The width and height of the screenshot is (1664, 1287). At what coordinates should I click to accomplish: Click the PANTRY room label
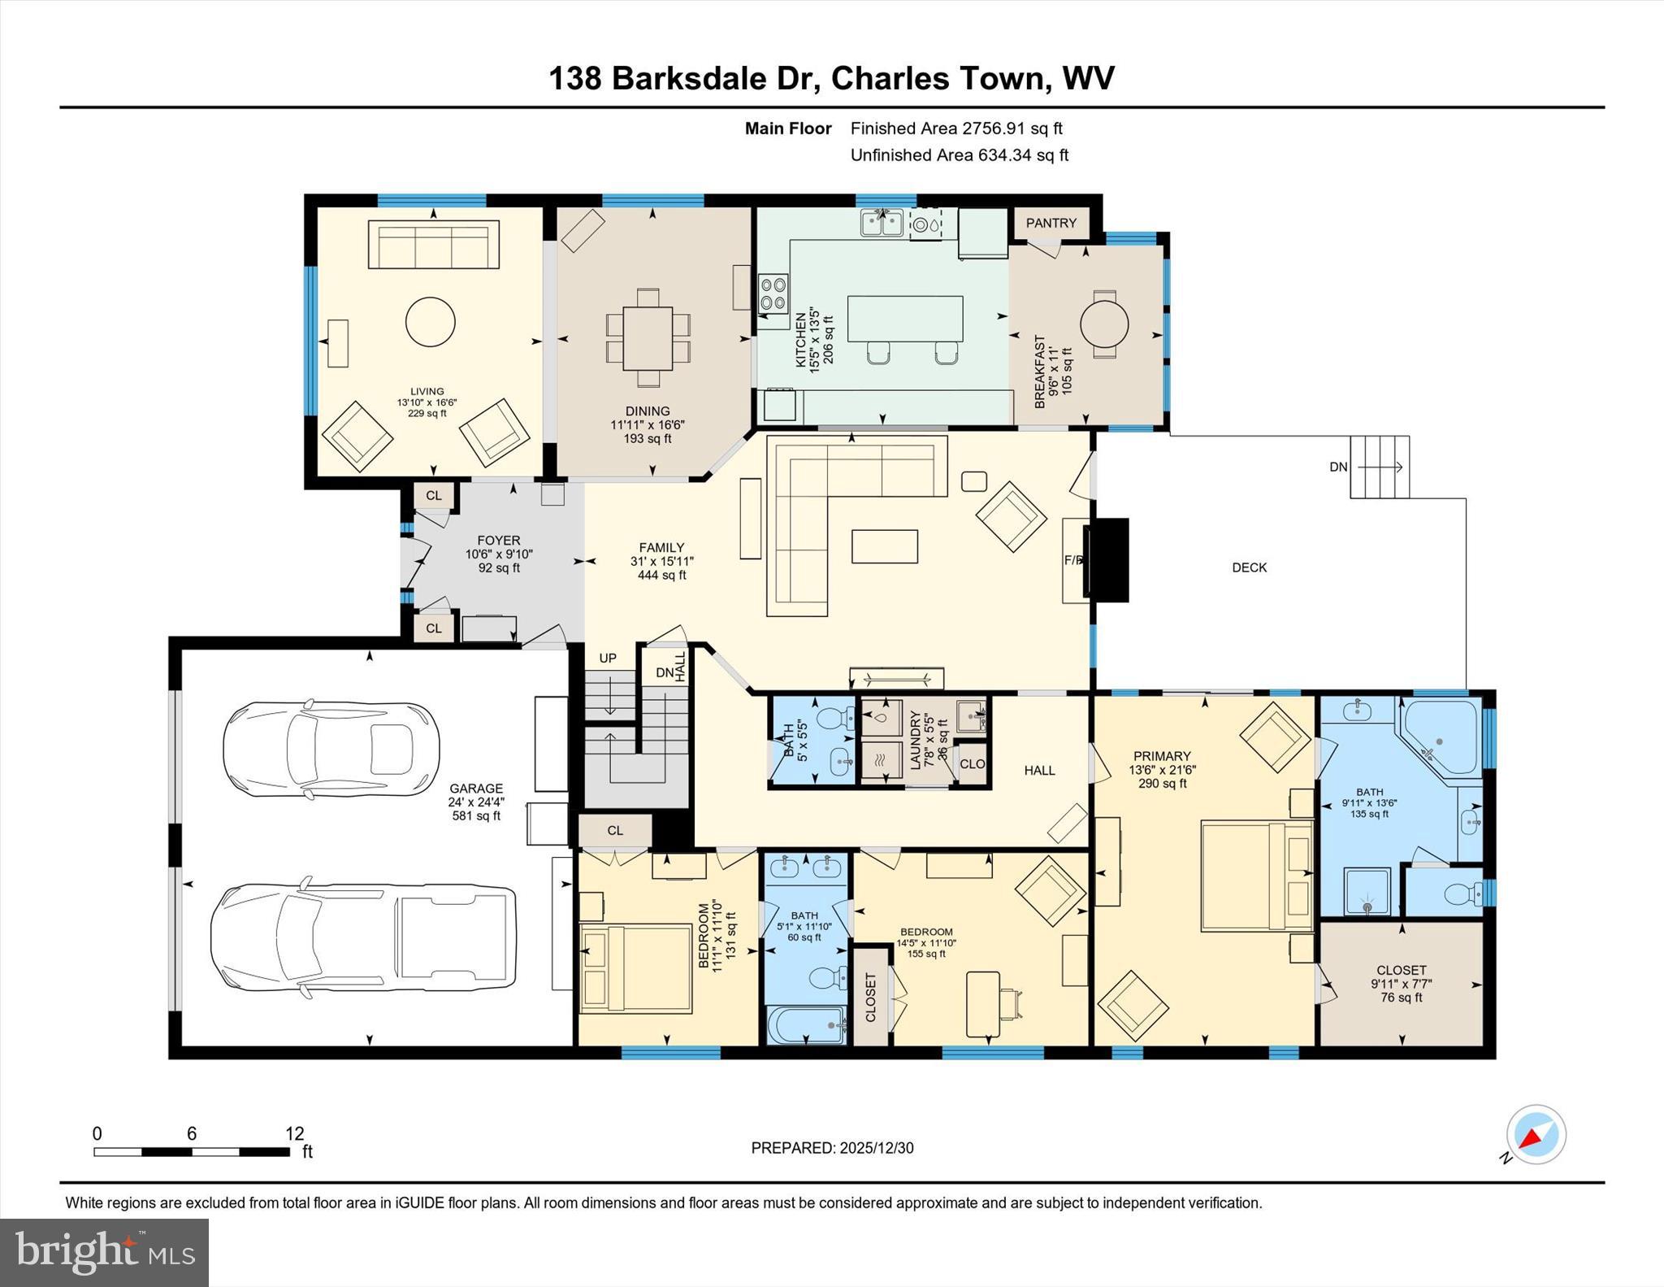(x=1051, y=223)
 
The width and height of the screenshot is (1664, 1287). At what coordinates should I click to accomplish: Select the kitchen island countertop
(x=904, y=318)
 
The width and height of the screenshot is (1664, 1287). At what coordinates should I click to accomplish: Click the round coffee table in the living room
(x=430, y=322)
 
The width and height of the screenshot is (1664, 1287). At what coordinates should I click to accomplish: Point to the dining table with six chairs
(x=648, y=337)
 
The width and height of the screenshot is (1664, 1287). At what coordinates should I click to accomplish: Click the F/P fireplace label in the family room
(x=1073, y=560)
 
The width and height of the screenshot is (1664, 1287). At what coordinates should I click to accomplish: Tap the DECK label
(x=1249, y=567)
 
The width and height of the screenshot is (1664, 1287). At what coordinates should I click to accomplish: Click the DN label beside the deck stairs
(x=1338, y=467)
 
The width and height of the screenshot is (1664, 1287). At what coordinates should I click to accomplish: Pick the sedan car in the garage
(x=331, y=746)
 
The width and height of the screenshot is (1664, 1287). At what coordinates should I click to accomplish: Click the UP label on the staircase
(x=608, y=658)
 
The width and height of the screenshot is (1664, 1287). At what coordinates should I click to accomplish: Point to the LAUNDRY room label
(x=916, y=740)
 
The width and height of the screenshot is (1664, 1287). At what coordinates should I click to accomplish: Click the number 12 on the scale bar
(x=294, y=1133)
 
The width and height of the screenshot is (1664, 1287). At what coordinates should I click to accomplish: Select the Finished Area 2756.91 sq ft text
(x=955, y=128)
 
